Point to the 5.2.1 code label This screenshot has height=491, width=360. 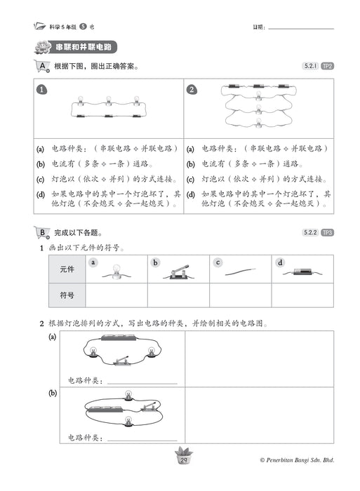point(309,66)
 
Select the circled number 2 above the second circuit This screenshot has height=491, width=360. point(192,90)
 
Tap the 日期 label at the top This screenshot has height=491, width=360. point(259,27)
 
